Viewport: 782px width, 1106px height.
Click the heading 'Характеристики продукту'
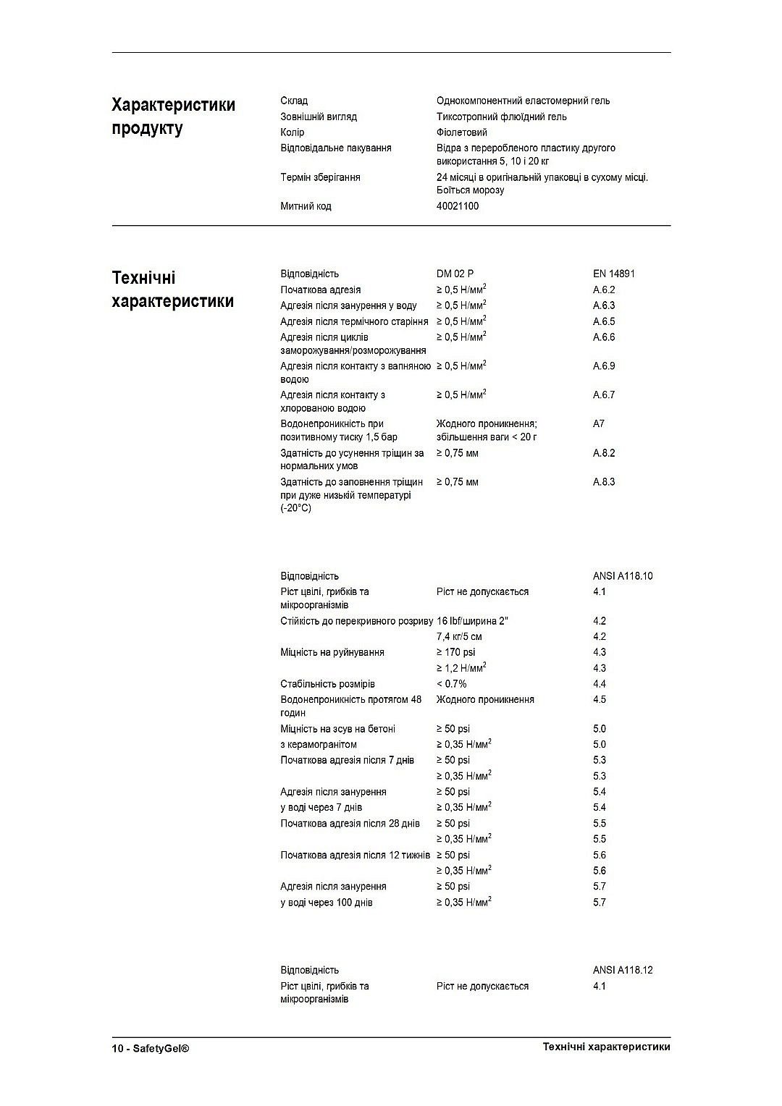[x=173, y=117]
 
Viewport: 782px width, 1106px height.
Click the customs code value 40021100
[x=457, y=206]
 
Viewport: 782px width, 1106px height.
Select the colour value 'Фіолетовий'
[x=461, y=132]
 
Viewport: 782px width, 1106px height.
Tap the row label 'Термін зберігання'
[x=320, y=177]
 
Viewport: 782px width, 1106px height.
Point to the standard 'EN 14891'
[x=613, y=274]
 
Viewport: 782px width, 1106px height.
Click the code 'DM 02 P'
[x=455, y=274]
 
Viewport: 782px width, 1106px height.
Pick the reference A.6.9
[x=603, y=366]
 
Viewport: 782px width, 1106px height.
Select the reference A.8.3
[x=603, y=482]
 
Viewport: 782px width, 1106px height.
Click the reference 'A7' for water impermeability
[x=598, y=424]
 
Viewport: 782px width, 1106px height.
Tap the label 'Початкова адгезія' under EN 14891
[x=320, y=290]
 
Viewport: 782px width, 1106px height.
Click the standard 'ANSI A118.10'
[x=622, y=576]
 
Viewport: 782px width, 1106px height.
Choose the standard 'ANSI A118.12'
[x=622, y=970]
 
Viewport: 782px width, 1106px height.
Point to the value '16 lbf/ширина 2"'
[x=473, y=621]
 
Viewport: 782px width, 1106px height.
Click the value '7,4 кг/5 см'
[x=459, y=637]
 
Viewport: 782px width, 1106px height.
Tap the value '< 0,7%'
[x=451, y=684]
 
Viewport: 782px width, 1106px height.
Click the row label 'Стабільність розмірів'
[x=327, y=684]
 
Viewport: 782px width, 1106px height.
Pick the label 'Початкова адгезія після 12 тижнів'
[x=355, y=856]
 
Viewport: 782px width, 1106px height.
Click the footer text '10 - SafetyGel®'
[x=151, y=1048]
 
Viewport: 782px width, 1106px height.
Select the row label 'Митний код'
[x=306, y=206]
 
